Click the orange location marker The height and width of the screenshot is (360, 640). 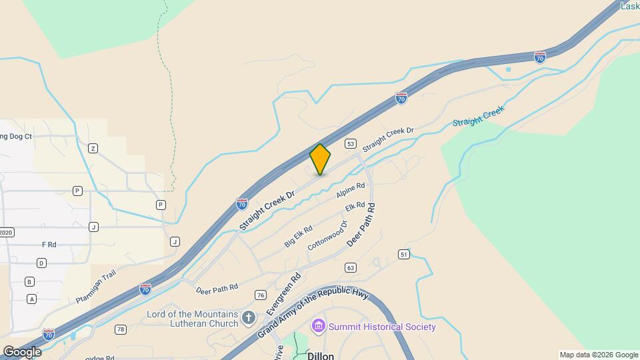(x=320, y=159)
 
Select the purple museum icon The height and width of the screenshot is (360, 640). (x=319, y=326)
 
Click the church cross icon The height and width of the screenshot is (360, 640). (x=249, y=318)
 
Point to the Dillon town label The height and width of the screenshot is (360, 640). (x=321, y=356)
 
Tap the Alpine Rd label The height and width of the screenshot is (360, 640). (x=351, y=191)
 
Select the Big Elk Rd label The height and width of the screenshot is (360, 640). (x=298, y=237)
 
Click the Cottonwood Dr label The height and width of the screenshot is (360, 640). (x=328, y=235)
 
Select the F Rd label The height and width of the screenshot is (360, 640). (x=49, y=245)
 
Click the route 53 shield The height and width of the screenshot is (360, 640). (x=349, y=143)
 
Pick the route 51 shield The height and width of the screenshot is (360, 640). (x=403, y=255)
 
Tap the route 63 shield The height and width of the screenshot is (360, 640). (x=351, y=267)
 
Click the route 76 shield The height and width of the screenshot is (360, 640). (x=260, y=295)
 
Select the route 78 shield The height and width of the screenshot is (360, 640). (x=120, y=329)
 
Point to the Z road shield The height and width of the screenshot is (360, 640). (x=93, y=148)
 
